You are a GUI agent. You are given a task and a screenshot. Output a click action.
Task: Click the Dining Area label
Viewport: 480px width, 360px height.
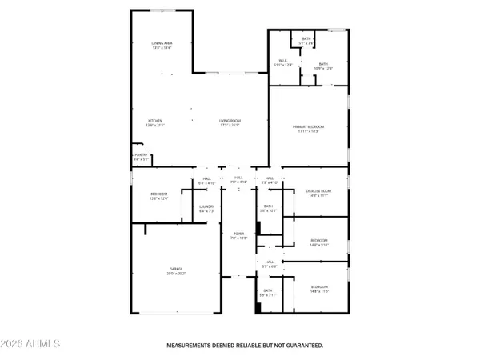(x=162, y=43)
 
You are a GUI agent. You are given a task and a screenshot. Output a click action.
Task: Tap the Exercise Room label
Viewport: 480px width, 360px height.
(x=318, y=190)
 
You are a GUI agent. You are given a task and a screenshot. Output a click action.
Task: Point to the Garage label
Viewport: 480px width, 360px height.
(x=175, y=269)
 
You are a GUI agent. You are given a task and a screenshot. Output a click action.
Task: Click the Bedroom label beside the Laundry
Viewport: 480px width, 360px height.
(x=158, y=194)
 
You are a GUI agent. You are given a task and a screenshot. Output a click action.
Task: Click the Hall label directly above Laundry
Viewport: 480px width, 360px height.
(x=206, y=178)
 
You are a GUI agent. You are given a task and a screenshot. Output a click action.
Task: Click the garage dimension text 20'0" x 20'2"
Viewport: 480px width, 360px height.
(x=175, y=274)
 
